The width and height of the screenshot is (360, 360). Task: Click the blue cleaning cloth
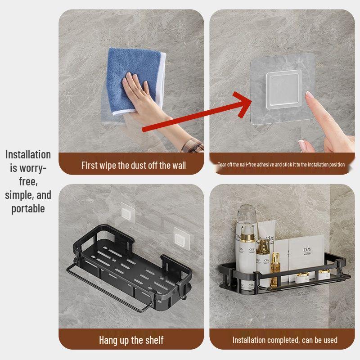click(x=135, y=81)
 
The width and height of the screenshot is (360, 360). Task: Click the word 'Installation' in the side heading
click(x=28, y=154)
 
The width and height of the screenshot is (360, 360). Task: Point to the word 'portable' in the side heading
click(x=28, y=209)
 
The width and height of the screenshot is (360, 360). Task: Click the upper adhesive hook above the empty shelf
click(x=128, y=213)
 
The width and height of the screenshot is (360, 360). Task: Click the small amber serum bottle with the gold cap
click(x=275, y=269)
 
